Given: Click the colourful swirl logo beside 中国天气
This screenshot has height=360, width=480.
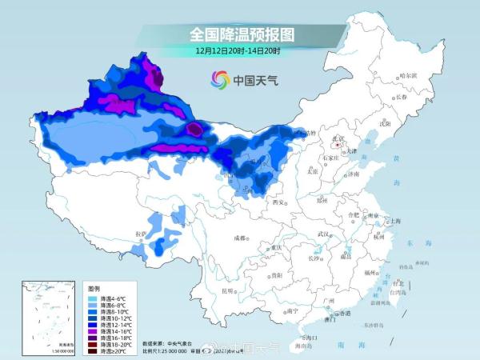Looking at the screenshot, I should pyautogui.click(x=219, y=79).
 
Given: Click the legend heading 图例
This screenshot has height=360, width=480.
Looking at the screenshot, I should pyautogui.click(x=94, y=288).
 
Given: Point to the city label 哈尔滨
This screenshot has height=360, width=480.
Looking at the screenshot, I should pyautogui.click(x=408, y=75).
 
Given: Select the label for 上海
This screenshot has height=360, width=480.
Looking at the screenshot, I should pyautogui.click(x=392, y=220).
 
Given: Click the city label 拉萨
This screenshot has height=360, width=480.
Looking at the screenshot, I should pyautogui.click(x=142, y=233).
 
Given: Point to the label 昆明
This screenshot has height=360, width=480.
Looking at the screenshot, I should pyautogui.click(x=227, y=290).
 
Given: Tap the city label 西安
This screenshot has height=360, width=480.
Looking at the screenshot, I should pyautogui.click(x=278, y=203).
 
